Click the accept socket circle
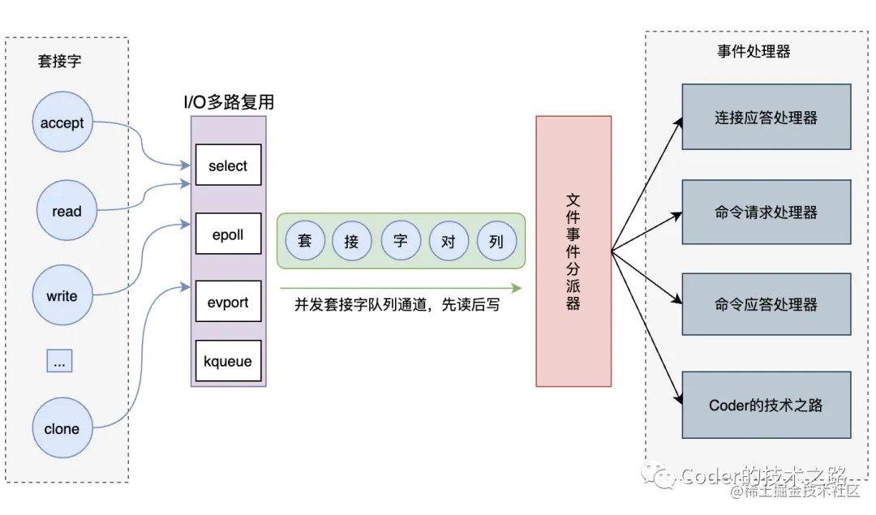pyautogui.click(x=62, y=123)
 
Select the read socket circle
pyautogui.click(x=67, y=212)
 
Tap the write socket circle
pyautogui.click(x=62, y=296)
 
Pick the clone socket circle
pyautogui.click(x=62, y=429)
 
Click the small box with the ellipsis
pyautogui.click(x=58, y=361)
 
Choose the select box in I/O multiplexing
pyautogui.click(x=228, y=165)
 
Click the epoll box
pyautogui.click(x=228, y=235)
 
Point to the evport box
pyautogui.click(x=228, y=303)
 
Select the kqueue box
pyautogui.click(x=228, y=362)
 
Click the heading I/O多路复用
pyautogui.click(x=229, y=102)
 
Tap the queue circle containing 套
pyautogui.click(x=305, y=241)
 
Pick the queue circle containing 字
pyautogui.click(x=401, y=241)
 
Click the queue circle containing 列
pyautogui.click(x=496, y=241)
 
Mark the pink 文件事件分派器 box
pyautogui.click(x=573, y=251)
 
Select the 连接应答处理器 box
pyautogui.click(x=766, y=117)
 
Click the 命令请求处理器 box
pyautogui.click(x=766, y=212)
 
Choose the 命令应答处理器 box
pyautogui.click(x=766, y=305)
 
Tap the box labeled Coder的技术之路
pyautogui.click(x=766, y=405)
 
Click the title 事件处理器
pyautogui.click(x=754, y=52)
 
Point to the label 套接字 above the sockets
pyautogui.click(x=59, y=61)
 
